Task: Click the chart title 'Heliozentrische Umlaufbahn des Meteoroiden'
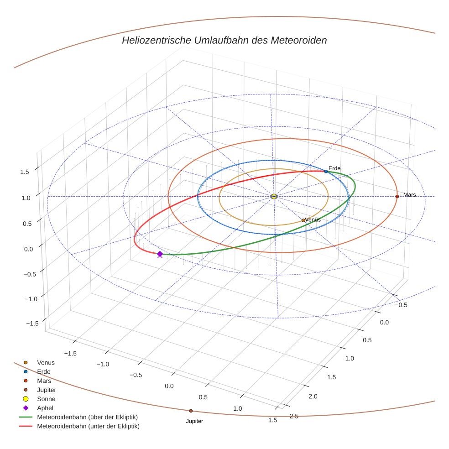tap(224, 40)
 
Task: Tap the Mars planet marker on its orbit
tap(397, 196)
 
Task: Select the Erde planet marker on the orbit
tap(326, 171)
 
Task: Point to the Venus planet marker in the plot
tap(303, 220)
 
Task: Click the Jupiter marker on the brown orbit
tap(191, 411)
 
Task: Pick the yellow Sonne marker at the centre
tap(274, 196)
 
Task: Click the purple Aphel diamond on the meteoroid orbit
tap(160, 254)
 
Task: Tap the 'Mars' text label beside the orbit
tap(409, 195)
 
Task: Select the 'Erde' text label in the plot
tap(334, 168)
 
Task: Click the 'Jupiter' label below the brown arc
tap(194, 421)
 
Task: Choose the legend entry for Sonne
tap(46, 399)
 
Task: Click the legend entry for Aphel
tap(46, 408)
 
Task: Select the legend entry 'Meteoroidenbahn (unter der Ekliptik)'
tap(88, 426)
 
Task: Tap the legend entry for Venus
tap(46, 362)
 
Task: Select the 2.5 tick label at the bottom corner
tap(294, 416)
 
